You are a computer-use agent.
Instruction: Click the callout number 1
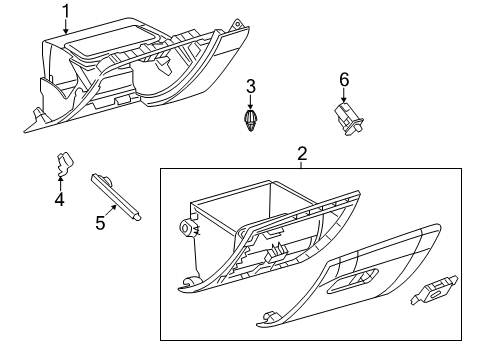(67, 11)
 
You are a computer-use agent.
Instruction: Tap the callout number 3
(251, 86)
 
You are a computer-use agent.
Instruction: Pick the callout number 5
(100, 222)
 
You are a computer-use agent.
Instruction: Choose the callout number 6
(343, 78)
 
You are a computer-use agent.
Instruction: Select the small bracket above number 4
(64, 161)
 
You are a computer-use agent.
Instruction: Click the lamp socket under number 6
(347, 117)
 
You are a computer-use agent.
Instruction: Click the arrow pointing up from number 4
(59, 180)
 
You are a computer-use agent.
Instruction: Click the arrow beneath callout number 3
(251, 103)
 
